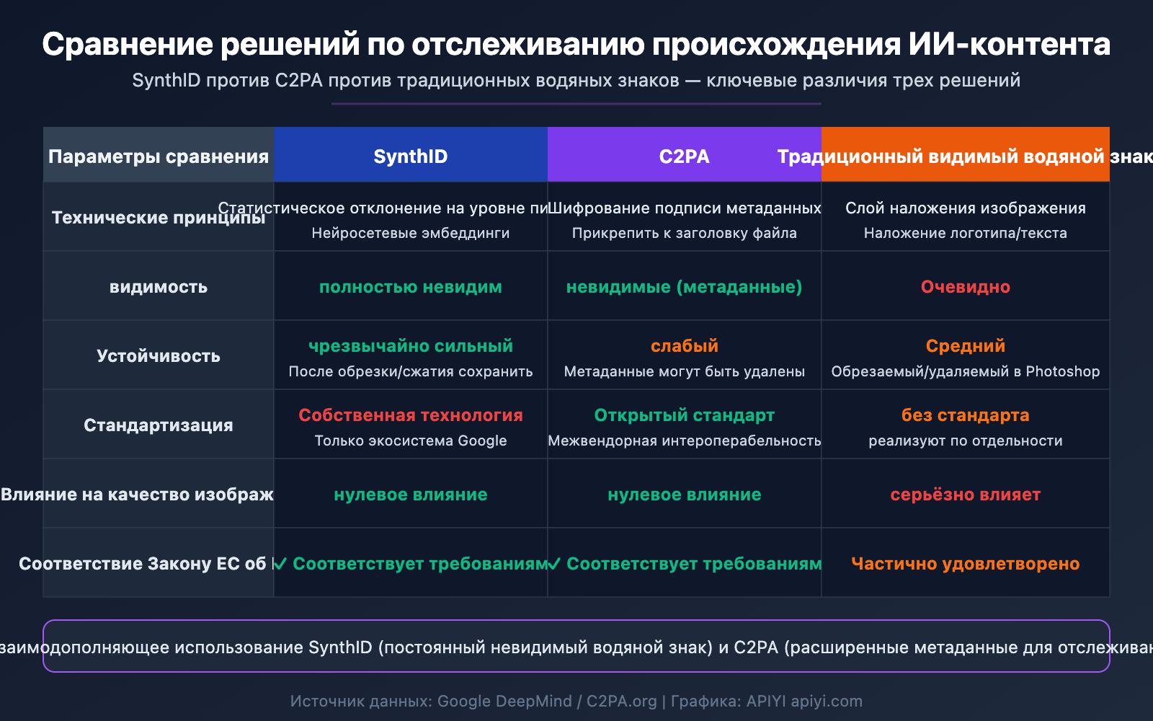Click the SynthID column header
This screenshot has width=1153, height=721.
click(x=410, y=156)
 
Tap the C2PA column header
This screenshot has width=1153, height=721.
click(x=684, y=156)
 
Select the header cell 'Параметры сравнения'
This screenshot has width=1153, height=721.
click(x=159, y=156)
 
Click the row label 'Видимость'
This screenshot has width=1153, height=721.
click(x=159, y=287)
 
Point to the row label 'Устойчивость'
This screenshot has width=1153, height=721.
click(x=159, y=356)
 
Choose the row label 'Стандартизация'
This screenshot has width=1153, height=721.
click(x=159, y=425)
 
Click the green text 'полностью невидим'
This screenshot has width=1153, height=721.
click(x=410, y=287)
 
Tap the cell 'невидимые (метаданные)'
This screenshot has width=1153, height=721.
click(x=684, y=287)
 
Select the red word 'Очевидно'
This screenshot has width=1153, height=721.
click(x=965, y=287)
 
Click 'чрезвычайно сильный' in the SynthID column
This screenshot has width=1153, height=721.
click(x=410, y=346)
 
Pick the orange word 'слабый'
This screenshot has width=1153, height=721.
click(x=684, y=346)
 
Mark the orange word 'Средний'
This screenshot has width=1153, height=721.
click(x=965, y=346)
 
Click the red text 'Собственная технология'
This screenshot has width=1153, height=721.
click(x=410, y=415)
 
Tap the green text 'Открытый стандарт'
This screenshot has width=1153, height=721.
click(x=684, y=415)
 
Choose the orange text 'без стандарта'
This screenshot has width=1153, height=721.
click(x=965, y=415)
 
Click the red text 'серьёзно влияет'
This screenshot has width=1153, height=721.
click(x=965, y=495)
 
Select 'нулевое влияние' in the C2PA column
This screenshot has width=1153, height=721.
click(x=684, y=495)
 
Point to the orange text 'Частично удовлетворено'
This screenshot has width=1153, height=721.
click(x=965, y=564)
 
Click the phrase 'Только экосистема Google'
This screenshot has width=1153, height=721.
click(x=410, y=441)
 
